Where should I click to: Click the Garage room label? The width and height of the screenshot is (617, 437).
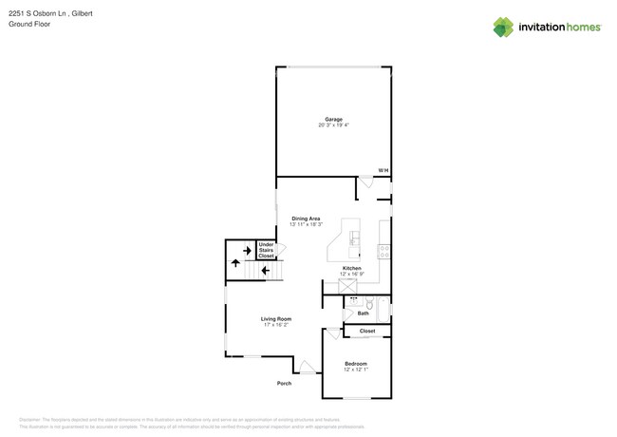click(x=333, y=119)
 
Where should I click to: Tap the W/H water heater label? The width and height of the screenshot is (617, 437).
click(x=383, y=171)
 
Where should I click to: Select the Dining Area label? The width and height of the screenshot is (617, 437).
click(x=306, y=218)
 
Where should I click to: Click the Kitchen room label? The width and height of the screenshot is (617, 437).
click(x=352, y=269)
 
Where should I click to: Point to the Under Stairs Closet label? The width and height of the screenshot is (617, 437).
click(x=267, y=250)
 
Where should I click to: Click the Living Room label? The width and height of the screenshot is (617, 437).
click(x=277, y=318)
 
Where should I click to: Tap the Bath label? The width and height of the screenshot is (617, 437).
click(x=364, y=313)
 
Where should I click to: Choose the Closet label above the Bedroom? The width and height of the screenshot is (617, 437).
click(x=367, y=331)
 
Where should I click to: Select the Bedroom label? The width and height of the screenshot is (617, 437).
click(x=356, y=364)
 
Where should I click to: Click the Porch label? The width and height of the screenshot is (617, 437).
click(x=284, y=383)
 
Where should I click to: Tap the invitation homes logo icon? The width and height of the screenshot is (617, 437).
click(x=504, y=27)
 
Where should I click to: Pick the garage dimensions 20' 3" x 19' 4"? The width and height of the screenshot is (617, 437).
click(x=333, y=125)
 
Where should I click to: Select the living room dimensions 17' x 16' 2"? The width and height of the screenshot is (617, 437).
click(x=277, y=325)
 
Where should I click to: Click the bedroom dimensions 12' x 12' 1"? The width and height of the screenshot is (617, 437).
click(x=356, y=370)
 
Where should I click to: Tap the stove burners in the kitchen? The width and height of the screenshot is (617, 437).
click(x=383, y=252)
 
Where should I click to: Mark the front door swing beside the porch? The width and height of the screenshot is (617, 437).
click(x=307, y=367)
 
